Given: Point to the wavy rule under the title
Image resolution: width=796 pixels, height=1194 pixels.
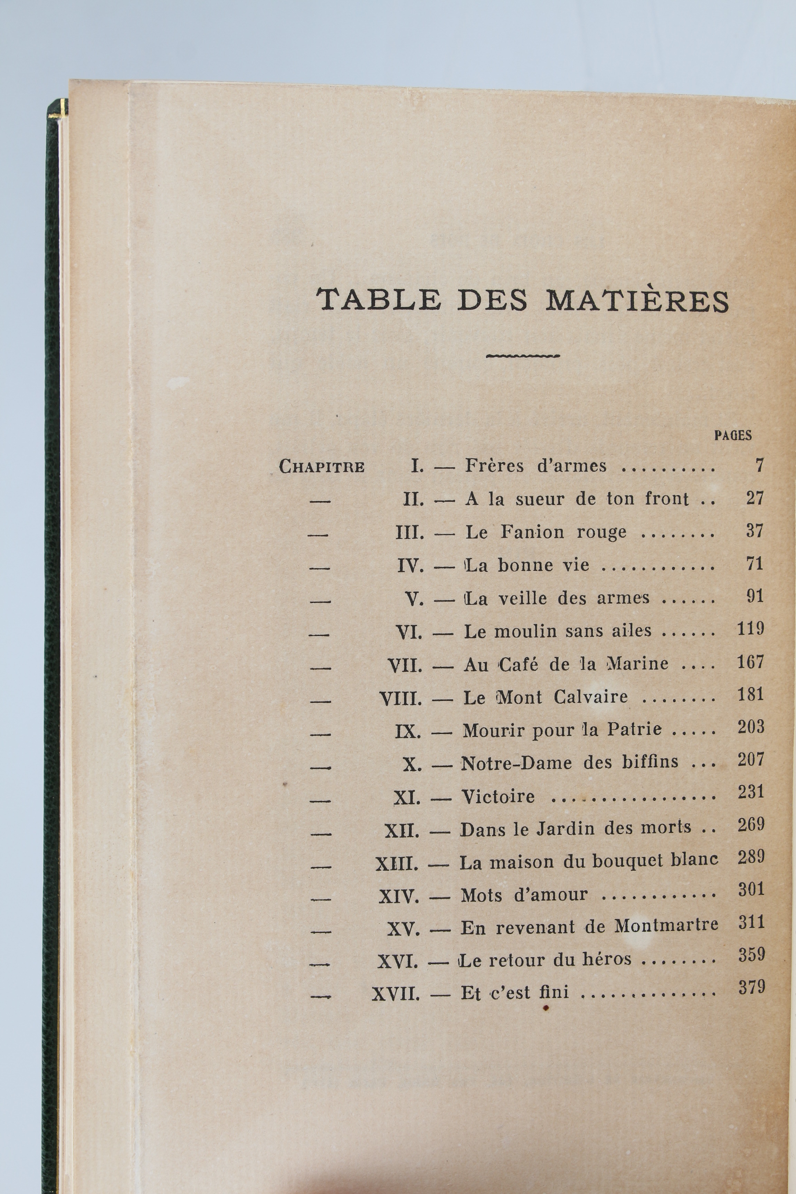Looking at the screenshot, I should (x=523, y=356).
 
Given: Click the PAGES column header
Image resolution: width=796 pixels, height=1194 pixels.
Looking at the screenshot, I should (x=732, y=435).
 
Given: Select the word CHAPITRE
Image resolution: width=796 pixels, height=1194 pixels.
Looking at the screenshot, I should (x=322, y=466).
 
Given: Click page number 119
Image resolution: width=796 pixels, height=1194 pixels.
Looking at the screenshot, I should (x=750, y=629).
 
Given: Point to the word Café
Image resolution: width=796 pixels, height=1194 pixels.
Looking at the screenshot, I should (x=518, y=664).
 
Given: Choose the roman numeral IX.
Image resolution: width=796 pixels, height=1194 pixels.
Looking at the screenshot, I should (x=408, y=731).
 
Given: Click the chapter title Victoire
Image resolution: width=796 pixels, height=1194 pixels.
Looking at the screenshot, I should (x=497, y=796).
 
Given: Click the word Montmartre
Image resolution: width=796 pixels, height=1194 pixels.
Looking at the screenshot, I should (x=666, y=926).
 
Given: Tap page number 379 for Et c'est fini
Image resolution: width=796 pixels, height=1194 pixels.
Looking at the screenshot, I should (x=751, y=987).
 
